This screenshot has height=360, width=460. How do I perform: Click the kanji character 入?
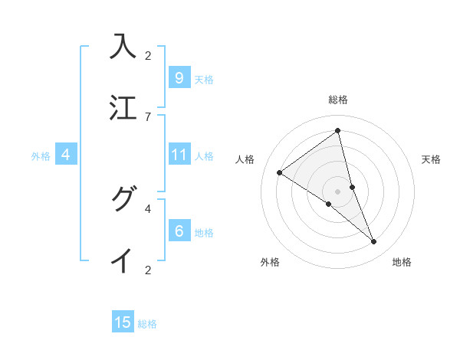123,47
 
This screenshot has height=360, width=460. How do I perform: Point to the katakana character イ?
123,260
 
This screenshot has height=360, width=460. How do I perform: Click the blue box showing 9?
179,78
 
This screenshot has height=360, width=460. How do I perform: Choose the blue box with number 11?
179,155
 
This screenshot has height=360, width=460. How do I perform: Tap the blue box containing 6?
179,231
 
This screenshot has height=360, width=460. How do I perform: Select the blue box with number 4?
66,155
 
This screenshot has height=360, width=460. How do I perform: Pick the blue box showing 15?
123,322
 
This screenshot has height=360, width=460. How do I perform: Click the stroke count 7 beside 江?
148,116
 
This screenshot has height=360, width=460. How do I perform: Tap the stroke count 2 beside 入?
148,56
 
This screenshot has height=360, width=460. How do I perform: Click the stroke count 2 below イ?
148,270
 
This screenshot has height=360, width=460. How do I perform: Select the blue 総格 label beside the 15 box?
147,324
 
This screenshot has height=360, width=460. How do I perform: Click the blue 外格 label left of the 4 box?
41,156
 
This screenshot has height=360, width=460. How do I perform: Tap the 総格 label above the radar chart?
337,100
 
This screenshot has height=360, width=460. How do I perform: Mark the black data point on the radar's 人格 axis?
280,173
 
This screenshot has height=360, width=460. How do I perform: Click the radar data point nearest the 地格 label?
374,242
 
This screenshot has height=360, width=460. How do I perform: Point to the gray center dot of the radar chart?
337,191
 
